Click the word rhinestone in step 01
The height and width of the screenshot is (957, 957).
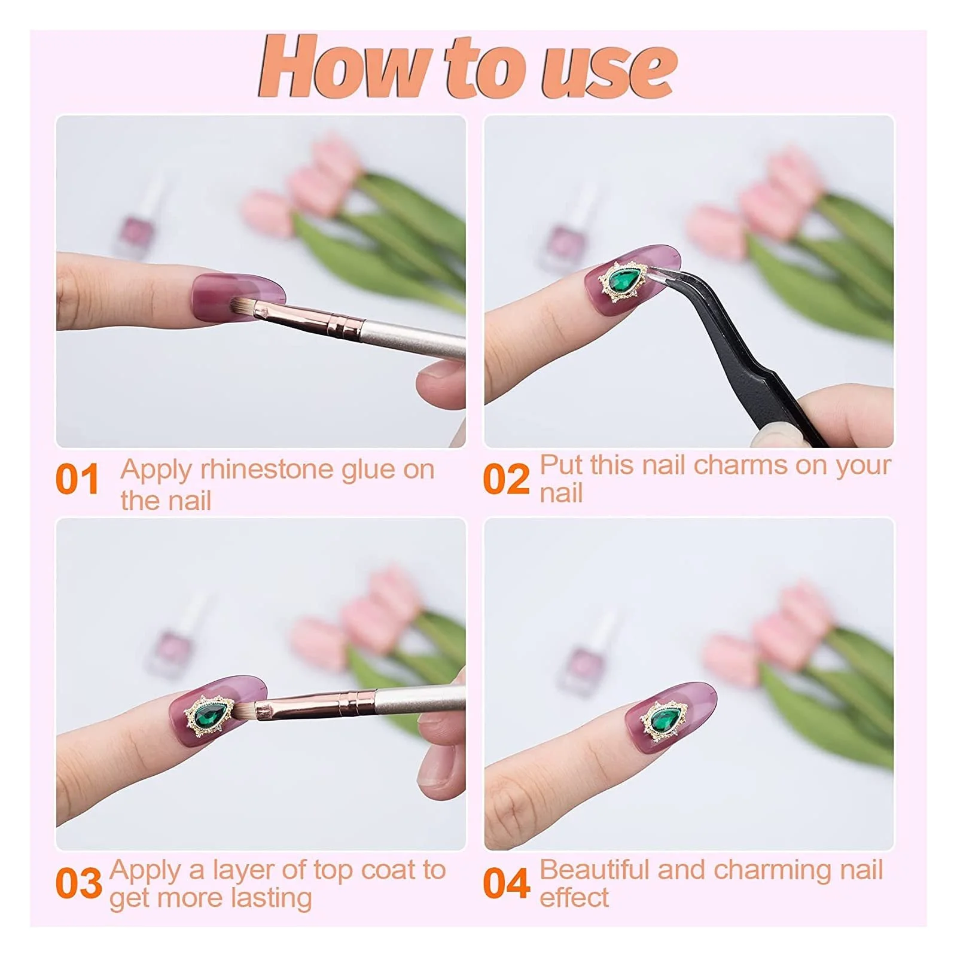coord(268,470)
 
